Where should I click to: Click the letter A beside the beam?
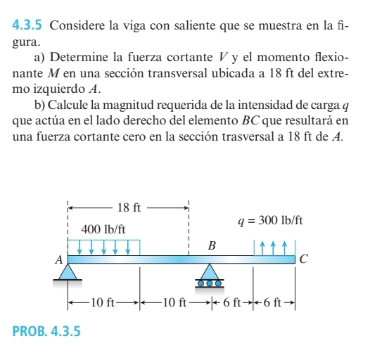coord(59,259)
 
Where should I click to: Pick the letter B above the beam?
coord(210,245)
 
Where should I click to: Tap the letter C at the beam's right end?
coord(303,259)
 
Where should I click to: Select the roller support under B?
coord(209,276)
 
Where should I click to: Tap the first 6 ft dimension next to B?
coord(231,303)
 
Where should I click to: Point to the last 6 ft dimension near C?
coord(276,303)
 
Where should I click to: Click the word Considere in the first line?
coord(77,26)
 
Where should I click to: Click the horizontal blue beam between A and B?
coord(141,259)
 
